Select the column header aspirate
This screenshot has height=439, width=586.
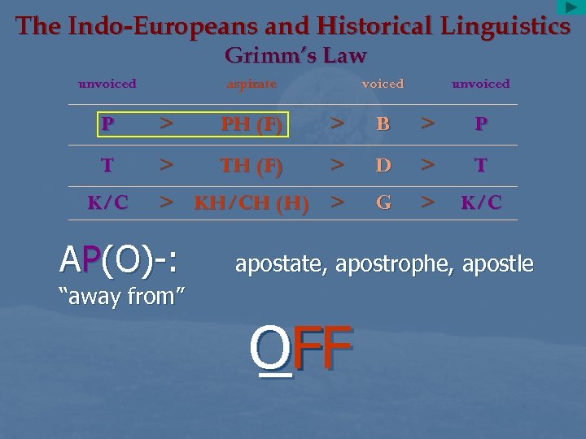coord(251,84)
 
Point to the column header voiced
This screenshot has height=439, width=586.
coord(383,84)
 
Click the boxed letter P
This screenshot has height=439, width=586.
coord(107,124)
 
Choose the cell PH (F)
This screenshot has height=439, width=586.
coord(251,125)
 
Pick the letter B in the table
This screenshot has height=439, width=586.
coord(383,125)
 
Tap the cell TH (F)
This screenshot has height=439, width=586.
coord(251,166)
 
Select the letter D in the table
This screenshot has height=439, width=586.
coord(383,166)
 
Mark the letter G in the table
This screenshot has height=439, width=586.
coord(383,203)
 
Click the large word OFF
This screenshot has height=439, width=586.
coord(301,347)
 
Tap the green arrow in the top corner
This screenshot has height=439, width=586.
coord(571,7)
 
